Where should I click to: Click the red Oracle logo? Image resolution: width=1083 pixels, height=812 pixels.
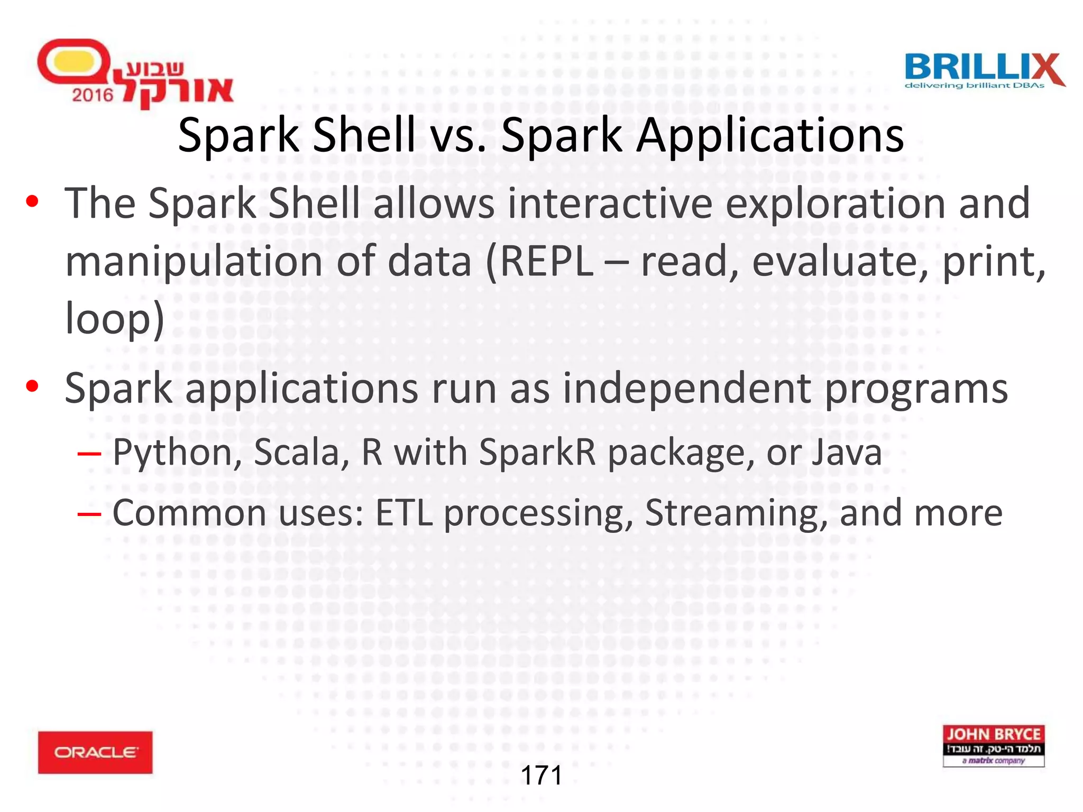(x=95, y=752)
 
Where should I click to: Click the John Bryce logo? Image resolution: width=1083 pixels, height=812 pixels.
(x=993, y=745)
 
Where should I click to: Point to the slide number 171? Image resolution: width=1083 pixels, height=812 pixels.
(x=541, y=776)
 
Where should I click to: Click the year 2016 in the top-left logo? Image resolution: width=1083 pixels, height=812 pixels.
(x=93, y=95)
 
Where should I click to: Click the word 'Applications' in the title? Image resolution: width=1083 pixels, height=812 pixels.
(x=770, y=136)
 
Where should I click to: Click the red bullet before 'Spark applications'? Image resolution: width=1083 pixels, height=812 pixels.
(x=32, y=386)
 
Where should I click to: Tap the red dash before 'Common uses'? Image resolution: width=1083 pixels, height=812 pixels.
(x=89, y=513)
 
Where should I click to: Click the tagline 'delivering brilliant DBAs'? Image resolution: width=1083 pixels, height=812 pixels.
(x=974, y=86)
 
